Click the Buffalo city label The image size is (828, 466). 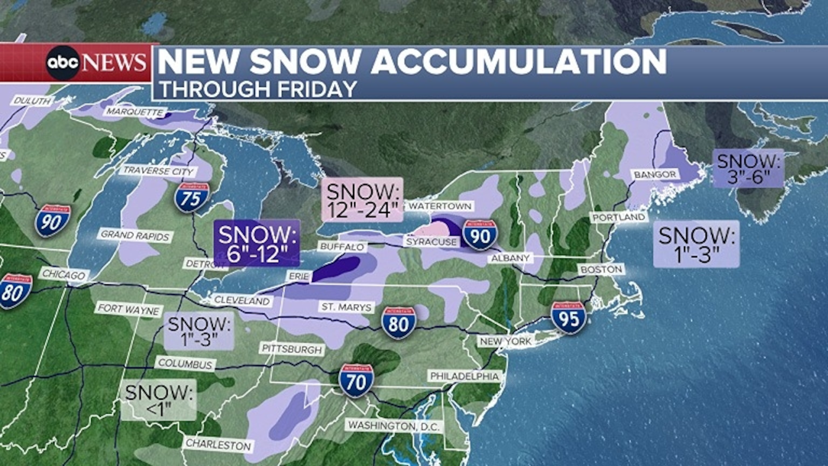click(x=342, y=247)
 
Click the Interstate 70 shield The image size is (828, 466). click(x=356, y=381)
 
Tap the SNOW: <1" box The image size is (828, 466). click(x=158, y=400)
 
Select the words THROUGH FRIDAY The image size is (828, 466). click(x=258, y=89)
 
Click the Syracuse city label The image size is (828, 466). click(x=431, y=242)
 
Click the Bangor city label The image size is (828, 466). click(x=655, y=175)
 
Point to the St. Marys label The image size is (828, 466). click(x=347, y=307)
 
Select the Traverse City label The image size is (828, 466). click(x=158, y=170)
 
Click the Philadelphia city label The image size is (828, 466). click(x=464, y=376)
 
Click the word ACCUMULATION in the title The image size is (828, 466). click(x=519, y=62)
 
